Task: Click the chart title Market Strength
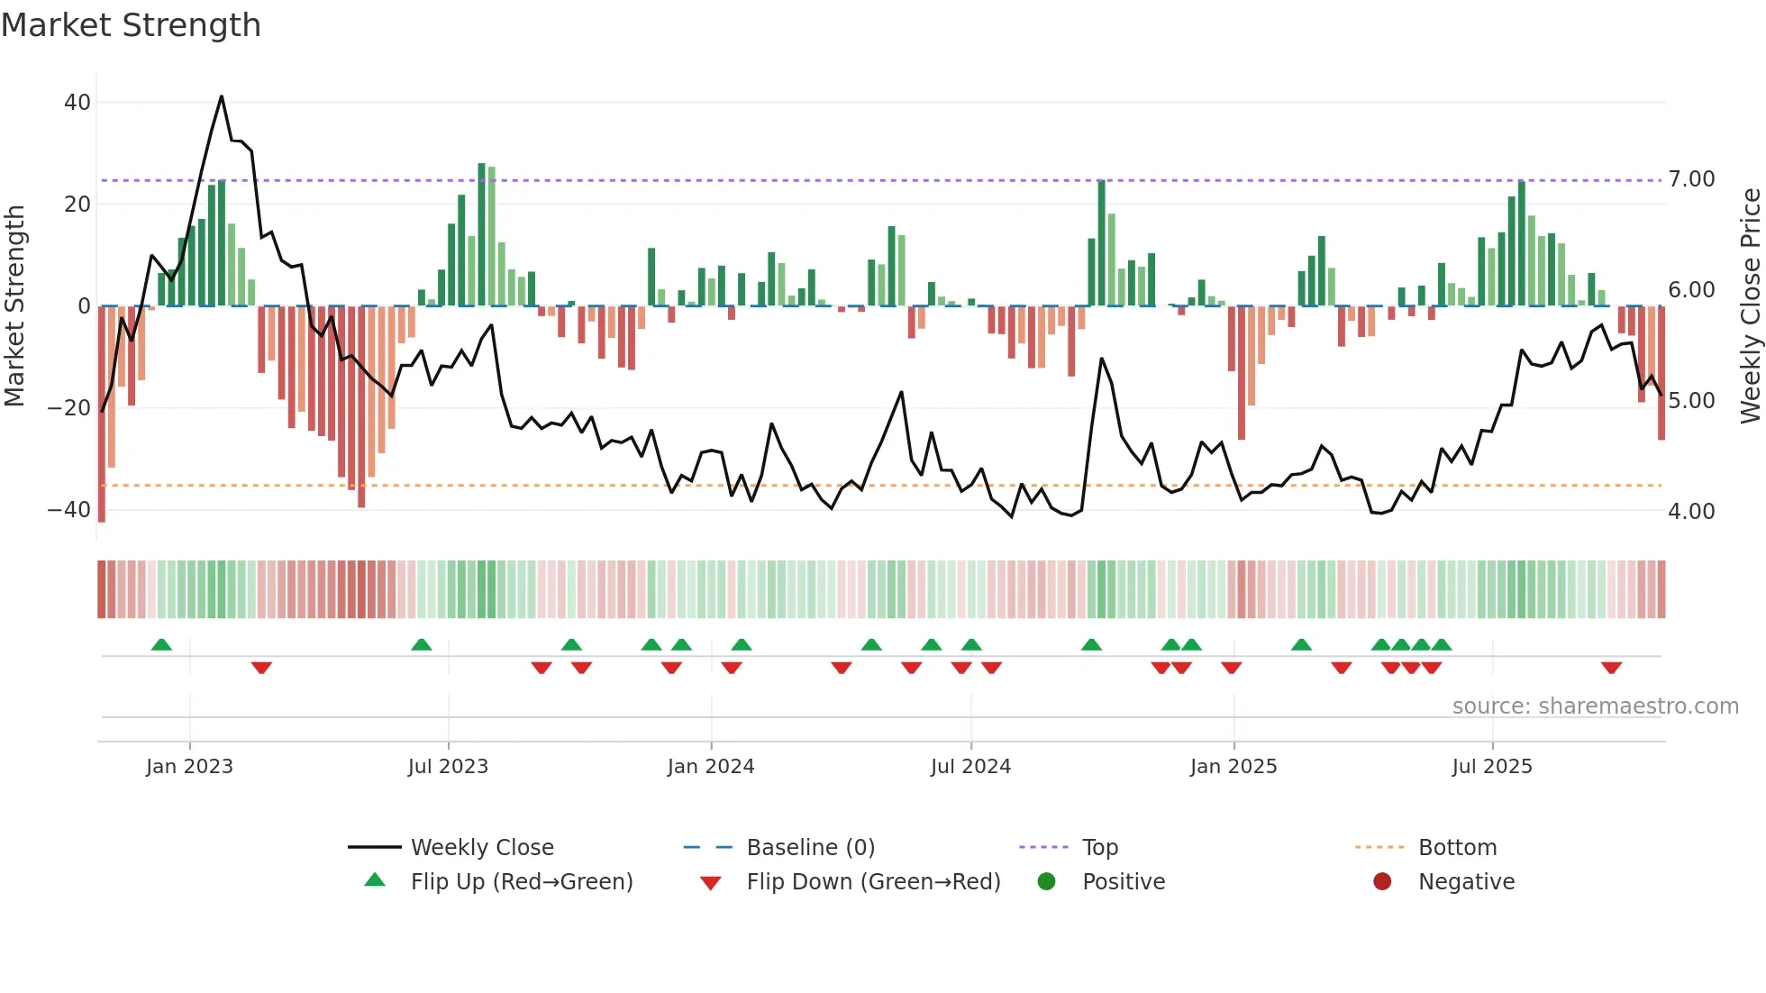click(131, 25)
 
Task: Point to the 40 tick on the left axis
click(77, 103)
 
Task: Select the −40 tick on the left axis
click(70, 510)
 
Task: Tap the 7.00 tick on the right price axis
click(1691, 179)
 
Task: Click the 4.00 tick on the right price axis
click(1691, 512)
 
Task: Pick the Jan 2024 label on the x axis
click(711, 767)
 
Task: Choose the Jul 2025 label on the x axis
click(1492, 767)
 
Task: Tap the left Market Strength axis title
click(14, 306)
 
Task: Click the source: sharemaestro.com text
click(1595, 706)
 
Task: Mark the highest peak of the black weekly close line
click(222, 96)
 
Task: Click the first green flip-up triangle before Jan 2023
click(161, 645)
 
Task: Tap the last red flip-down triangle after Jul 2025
click(1611, 668)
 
